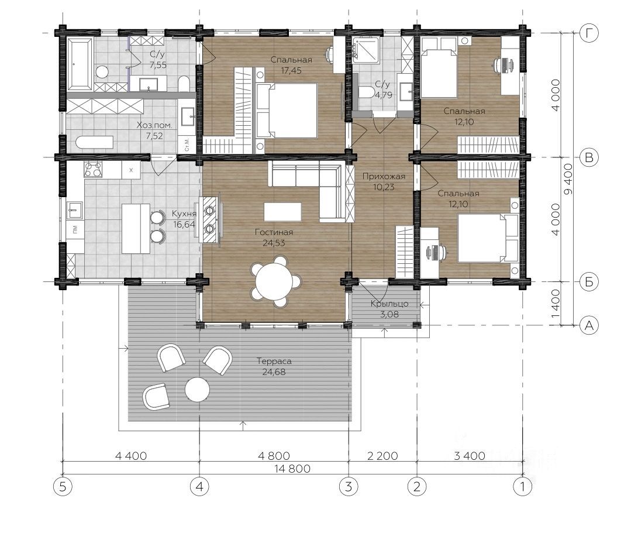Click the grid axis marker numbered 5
(63, 487)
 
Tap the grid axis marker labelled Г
(589, 33)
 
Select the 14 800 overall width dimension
(292, 469)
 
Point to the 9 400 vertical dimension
(568, 179)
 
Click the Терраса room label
(274, 361)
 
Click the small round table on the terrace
(197, 389)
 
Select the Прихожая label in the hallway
(384, 176)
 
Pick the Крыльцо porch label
(389, 304)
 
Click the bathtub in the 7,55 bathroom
(80, 64)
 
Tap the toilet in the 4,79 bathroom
(366, 92)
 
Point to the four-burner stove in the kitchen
(92, 169)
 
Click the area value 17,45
(291, 70)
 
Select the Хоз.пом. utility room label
(154, 125)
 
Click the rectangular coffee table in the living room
(282, 211)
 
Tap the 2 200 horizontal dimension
(382, 456)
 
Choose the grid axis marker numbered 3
(349, 487)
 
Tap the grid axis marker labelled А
(589, 325)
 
